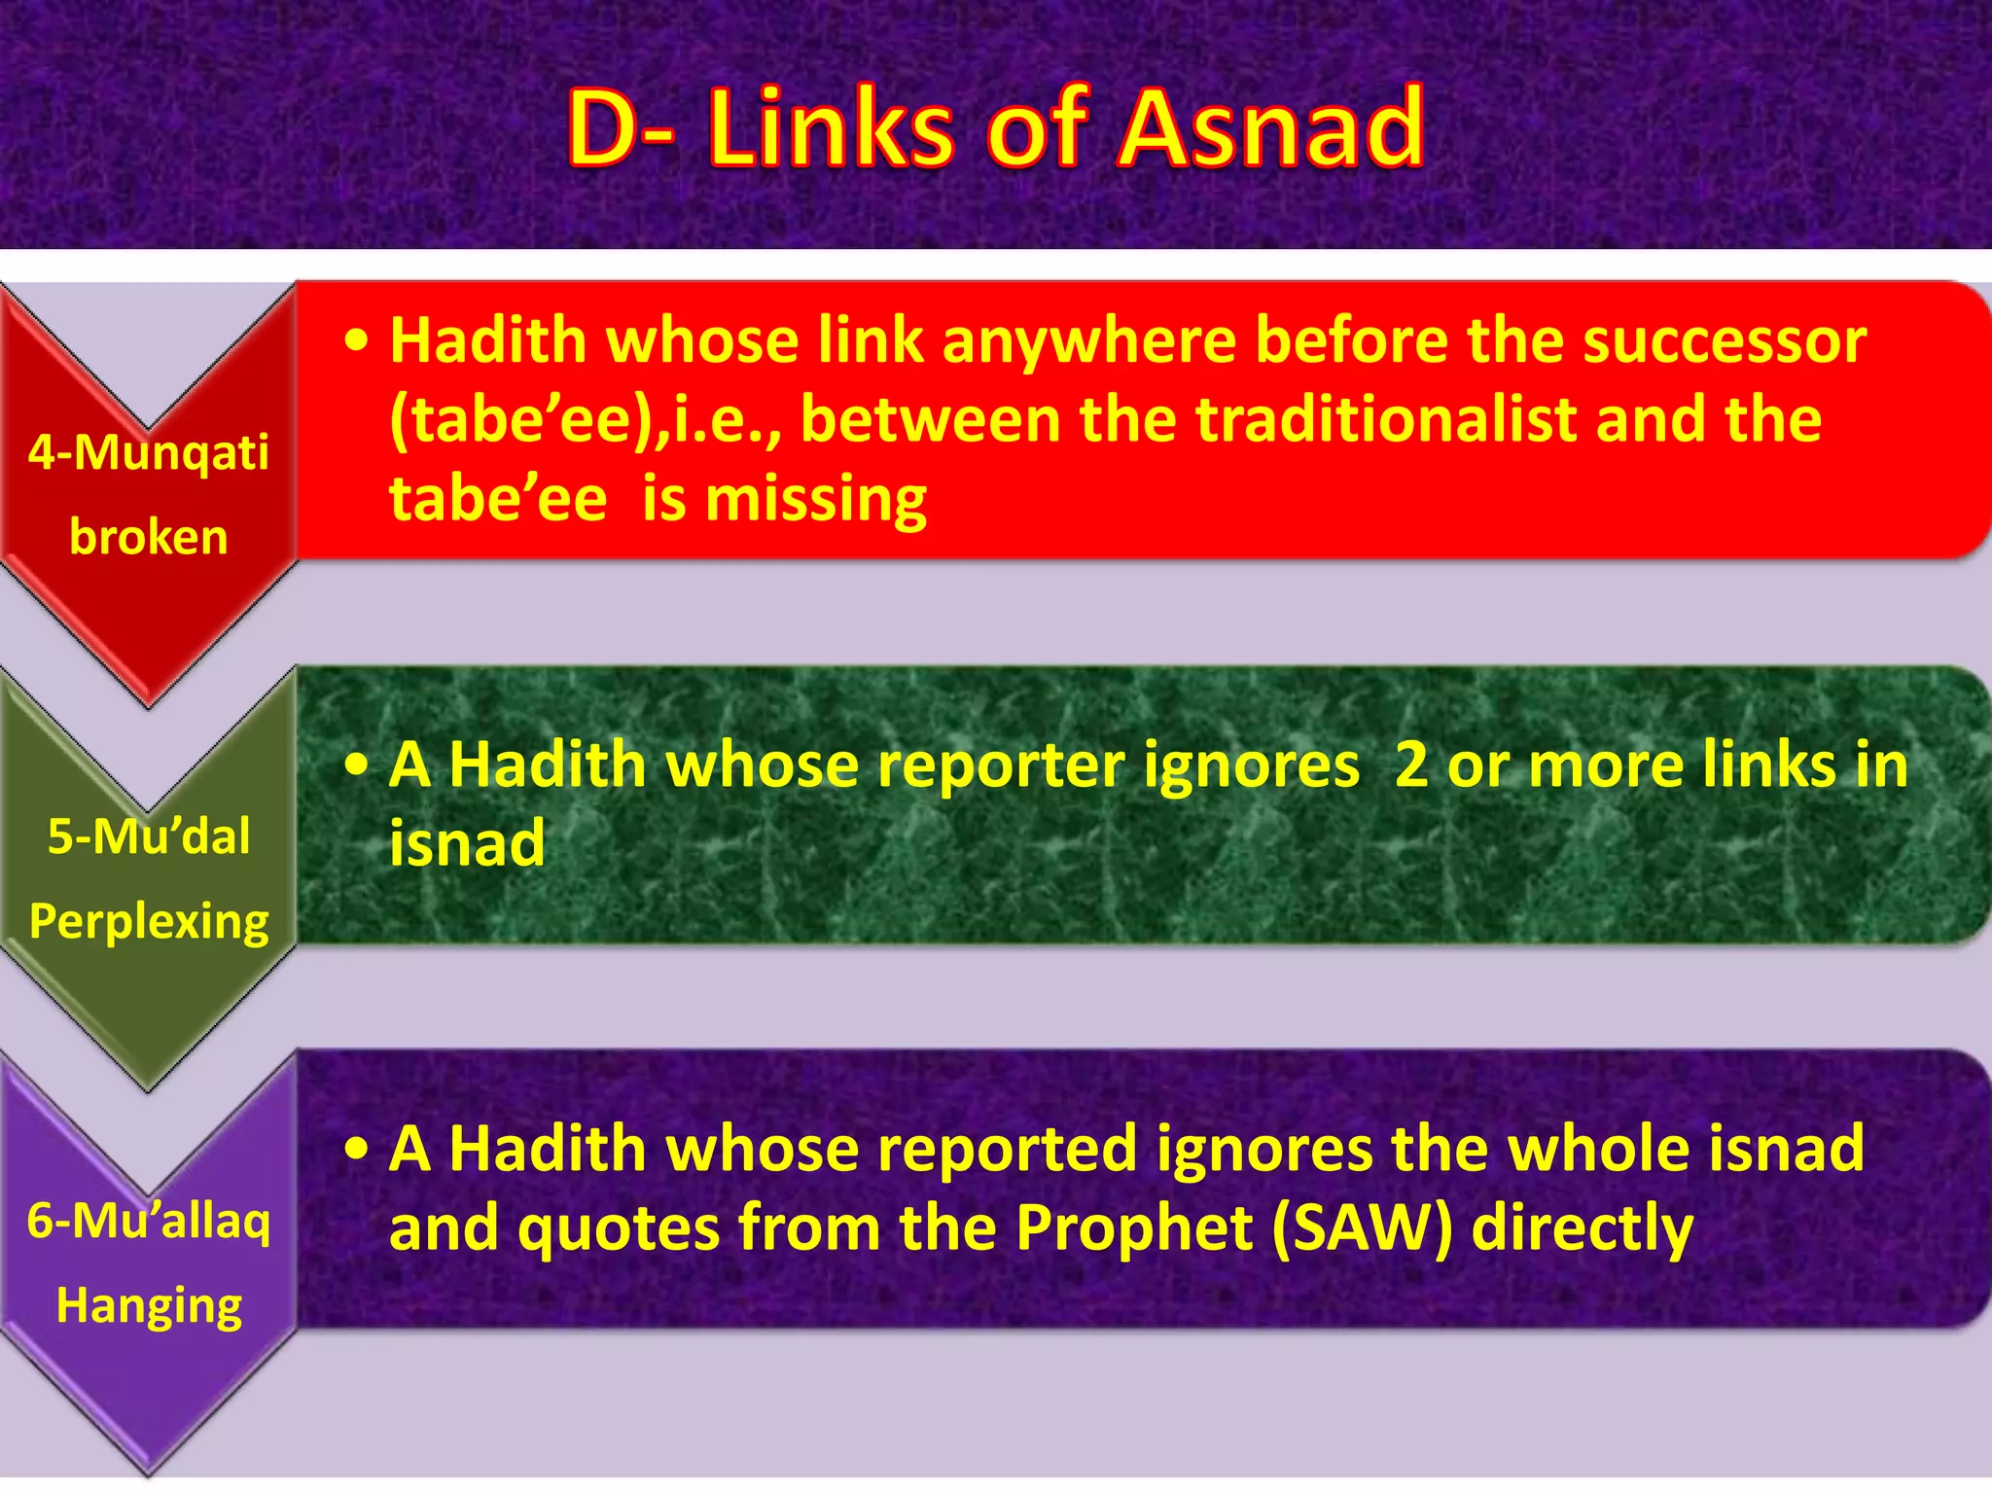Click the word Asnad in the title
(x=1270, y=128)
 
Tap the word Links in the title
(x=831, y=128)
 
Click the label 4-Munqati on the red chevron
(x=148, y=453)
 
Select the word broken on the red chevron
(x=148, y=537)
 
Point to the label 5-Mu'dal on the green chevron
(x=148, y=836)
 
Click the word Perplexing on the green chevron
(x=148, y=922)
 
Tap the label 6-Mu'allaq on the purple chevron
(x=148, y=1221)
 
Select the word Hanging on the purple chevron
(x=148, y=1305)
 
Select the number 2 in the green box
(x=1410, y=765)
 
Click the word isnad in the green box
(x=467, y=843)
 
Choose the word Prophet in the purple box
(x=1134, y=1227)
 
